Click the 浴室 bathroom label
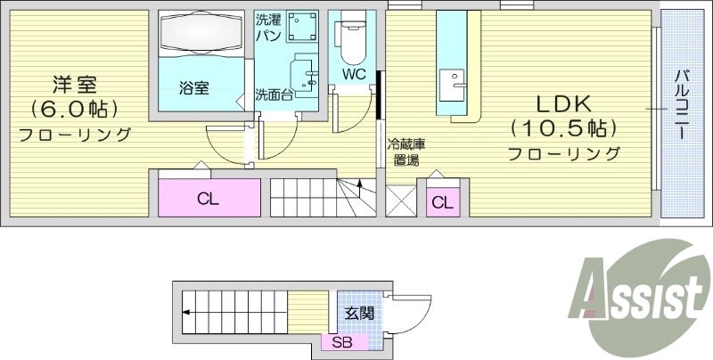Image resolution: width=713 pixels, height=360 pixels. click(193, 87)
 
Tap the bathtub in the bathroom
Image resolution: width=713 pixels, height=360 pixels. click(201, 37)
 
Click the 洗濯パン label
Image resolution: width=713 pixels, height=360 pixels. click(268, 27)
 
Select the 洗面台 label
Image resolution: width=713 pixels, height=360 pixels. click(274, 94)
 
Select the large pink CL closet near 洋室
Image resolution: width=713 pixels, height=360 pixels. click(209, 198)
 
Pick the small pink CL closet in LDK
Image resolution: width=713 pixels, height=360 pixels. click(442, 202)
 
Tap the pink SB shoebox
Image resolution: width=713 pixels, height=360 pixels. click(342, 342)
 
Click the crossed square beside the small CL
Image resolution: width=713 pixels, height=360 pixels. click(400, 200)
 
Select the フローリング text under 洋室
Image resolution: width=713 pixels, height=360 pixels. click(75, 135)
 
